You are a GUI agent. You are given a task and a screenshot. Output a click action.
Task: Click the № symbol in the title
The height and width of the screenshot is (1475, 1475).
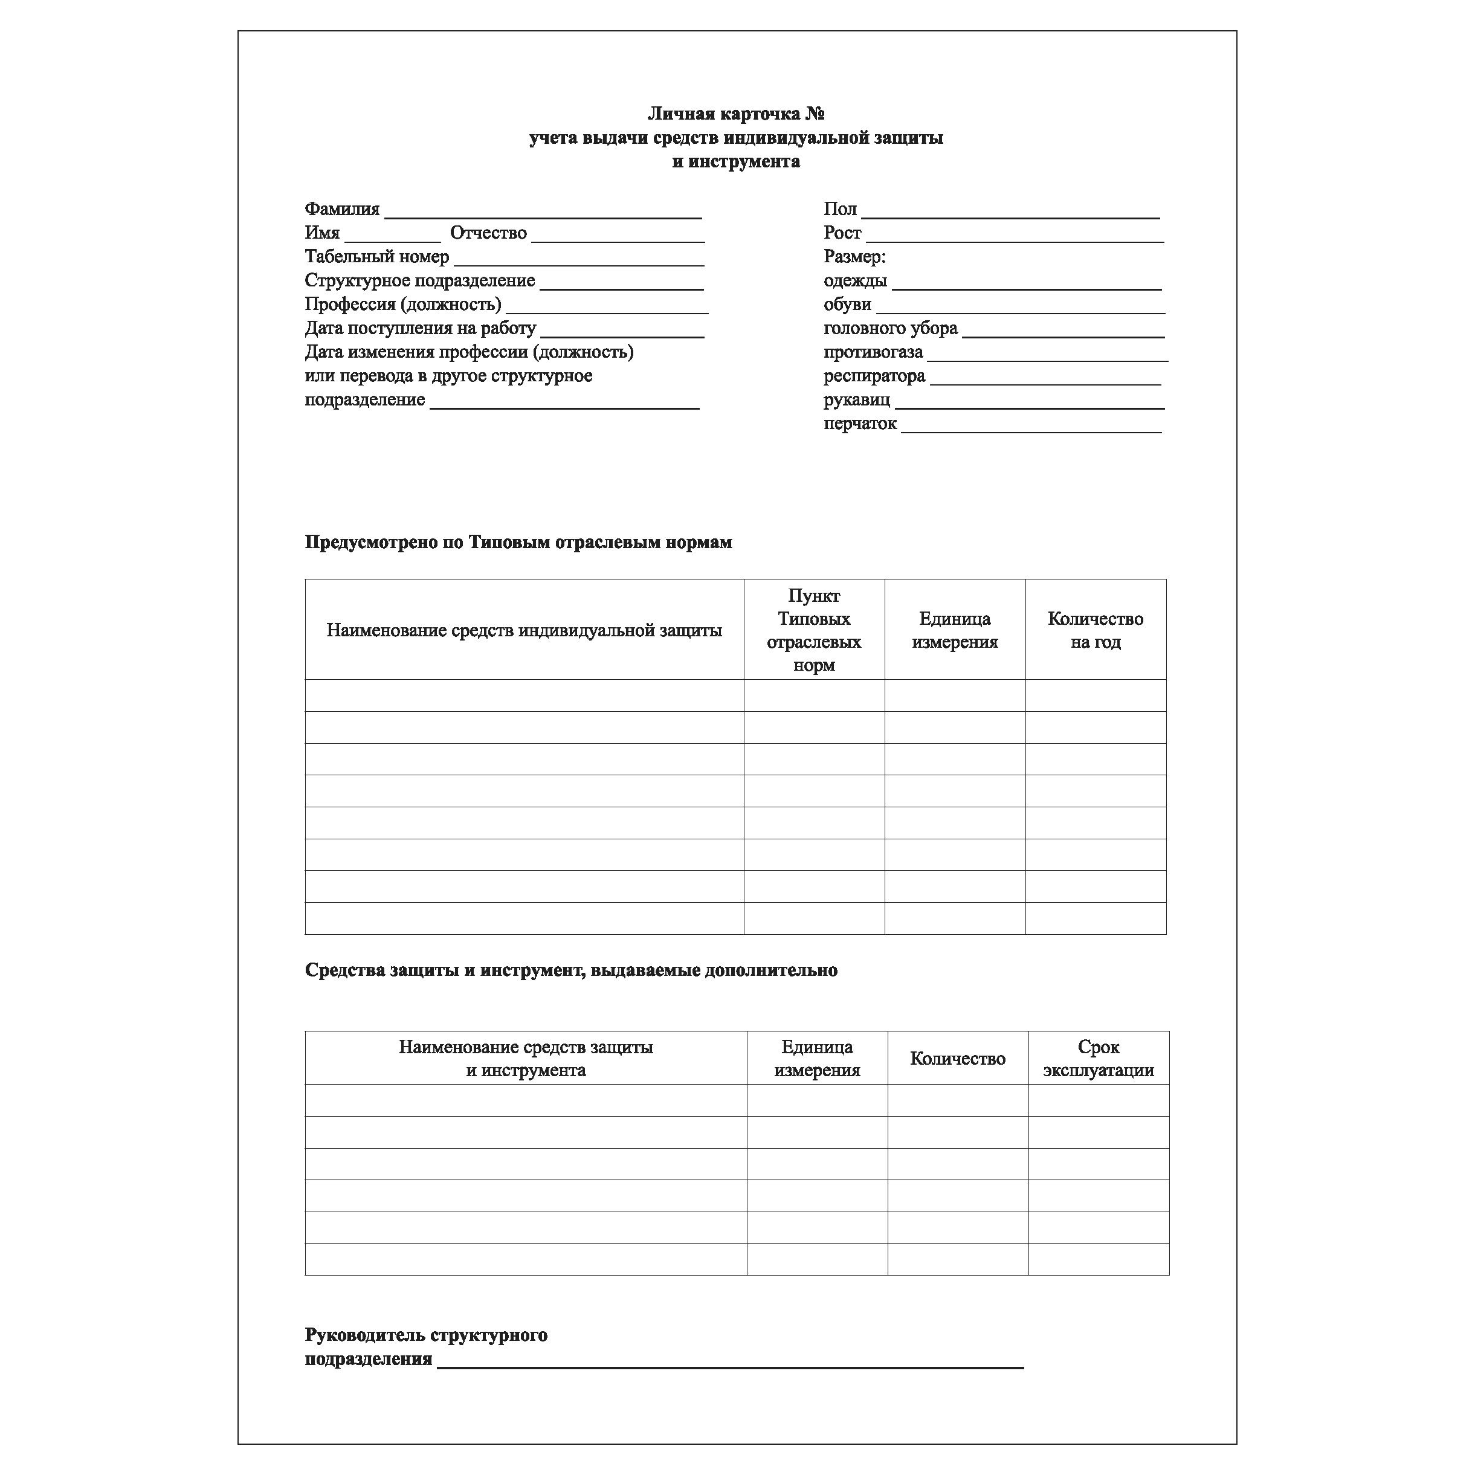pos(815,114)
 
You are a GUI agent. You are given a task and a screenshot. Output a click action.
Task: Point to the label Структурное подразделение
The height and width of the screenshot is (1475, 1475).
pos(419,281)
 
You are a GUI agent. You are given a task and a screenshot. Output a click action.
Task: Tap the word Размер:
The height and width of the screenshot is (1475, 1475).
pos(854,257)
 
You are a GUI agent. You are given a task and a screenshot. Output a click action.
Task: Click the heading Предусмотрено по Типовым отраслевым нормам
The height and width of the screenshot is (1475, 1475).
pos(518,542)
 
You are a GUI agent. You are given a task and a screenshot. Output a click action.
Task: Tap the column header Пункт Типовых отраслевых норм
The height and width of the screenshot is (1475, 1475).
pos(814,630)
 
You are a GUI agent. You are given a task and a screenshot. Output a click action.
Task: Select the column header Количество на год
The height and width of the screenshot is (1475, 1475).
pos(1095,630)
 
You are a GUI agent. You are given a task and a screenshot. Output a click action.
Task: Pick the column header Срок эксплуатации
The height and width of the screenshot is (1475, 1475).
pos(1098,1058)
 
